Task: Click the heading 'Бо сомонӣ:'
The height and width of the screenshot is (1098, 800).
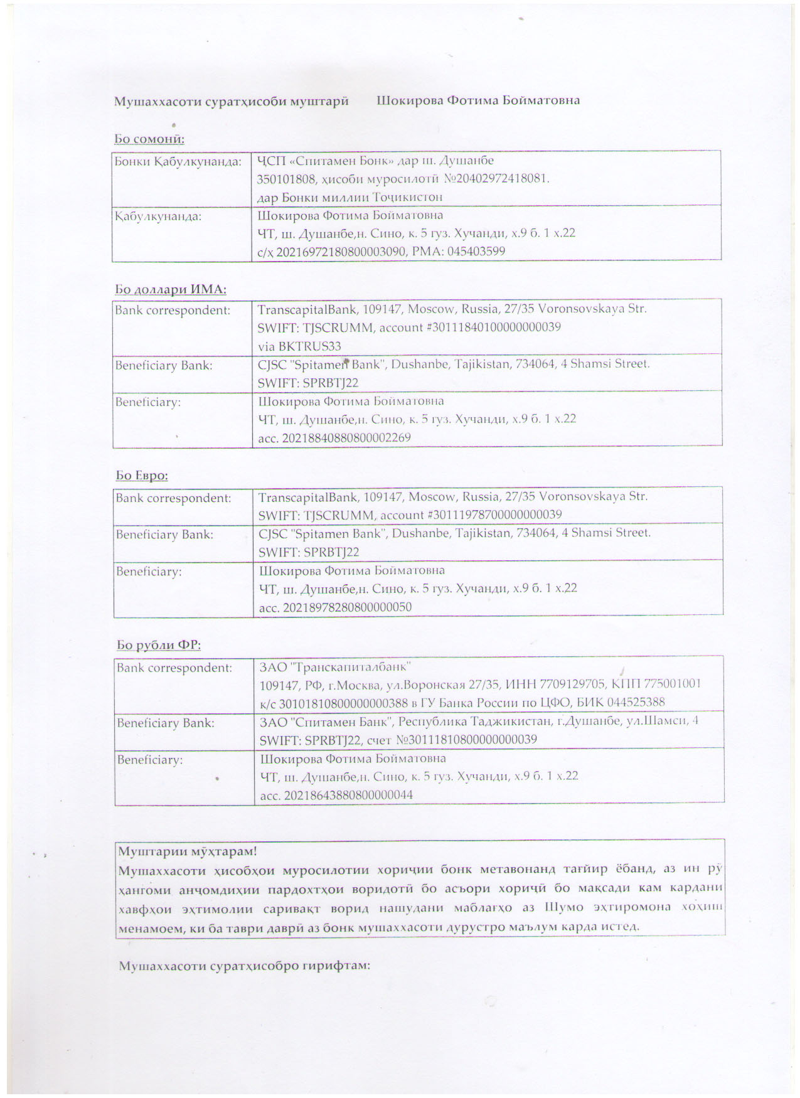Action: pyautogui.click(x=149, y=139)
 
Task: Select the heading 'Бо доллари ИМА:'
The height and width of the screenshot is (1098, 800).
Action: pyautogui.click(x=171, y=289)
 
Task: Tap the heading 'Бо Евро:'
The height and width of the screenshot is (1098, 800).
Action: pyautogui.click(x=142, y=475)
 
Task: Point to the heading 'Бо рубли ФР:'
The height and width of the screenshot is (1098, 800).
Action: pyautogui.click(x=159, y=644)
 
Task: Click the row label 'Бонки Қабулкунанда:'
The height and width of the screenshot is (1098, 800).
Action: pyautogui.click(x=178, y=162)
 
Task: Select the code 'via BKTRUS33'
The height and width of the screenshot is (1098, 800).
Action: pyautogui.click(x=299, y=346)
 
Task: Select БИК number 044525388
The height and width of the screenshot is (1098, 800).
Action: pyautogui.click(x=636, y=702)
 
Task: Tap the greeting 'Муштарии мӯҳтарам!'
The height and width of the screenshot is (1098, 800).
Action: pyautogui.click(x=188, y=851)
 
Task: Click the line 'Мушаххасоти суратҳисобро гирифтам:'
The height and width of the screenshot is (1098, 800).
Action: pyautogui.click(x=244, y=966)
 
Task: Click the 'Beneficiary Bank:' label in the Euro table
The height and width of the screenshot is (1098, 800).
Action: pyautogui.click(x=164, y=535)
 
